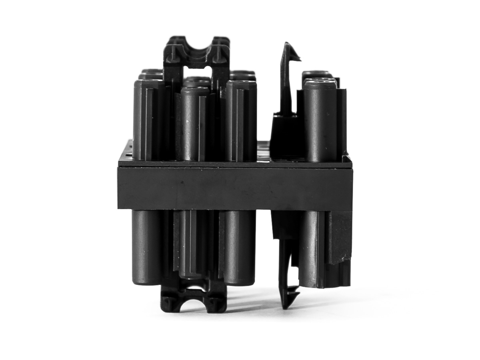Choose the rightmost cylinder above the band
[x=320, y=120]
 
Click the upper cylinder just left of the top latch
[x=241, y=120]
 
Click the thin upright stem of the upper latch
[x=286, y=84]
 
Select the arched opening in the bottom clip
[x=194, y=306]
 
